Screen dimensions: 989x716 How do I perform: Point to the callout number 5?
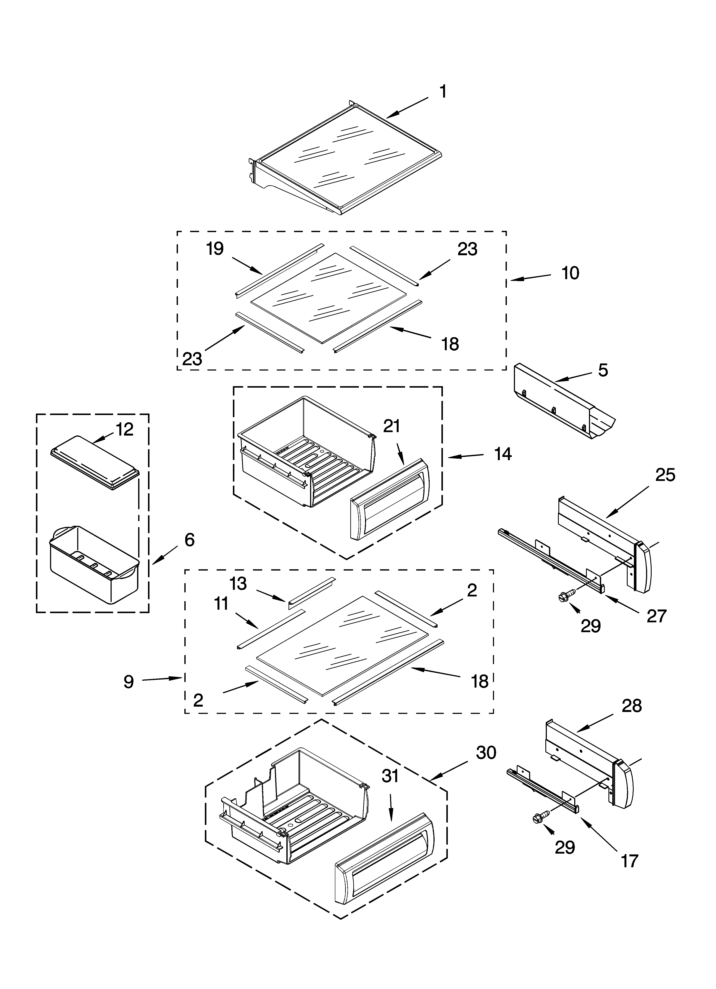603,370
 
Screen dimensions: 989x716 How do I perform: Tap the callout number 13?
238,583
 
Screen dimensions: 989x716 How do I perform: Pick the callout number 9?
128,682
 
